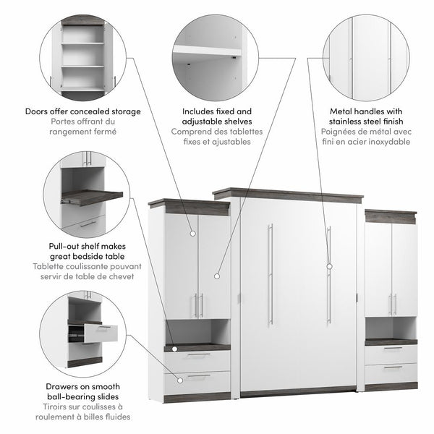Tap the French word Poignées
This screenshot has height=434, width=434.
coord(341,132)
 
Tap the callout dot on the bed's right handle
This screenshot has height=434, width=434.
coord(329,265)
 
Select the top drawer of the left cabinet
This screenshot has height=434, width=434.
coord(197,359)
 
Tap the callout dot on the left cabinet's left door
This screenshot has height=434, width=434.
coord(193,233)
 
